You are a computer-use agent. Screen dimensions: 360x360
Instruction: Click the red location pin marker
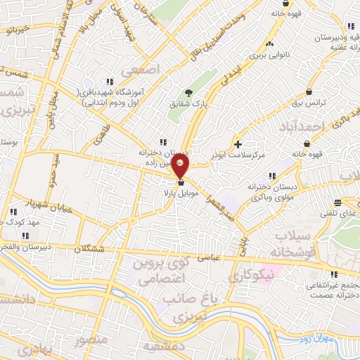[180, 167]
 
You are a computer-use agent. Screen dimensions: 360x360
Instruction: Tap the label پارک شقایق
[190, 103]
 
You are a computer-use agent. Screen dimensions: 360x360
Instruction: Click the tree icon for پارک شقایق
[188, 92]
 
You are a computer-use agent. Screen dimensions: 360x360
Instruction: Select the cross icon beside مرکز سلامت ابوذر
[238, 143]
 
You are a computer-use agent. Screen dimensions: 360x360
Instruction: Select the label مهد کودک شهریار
[21, 221]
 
